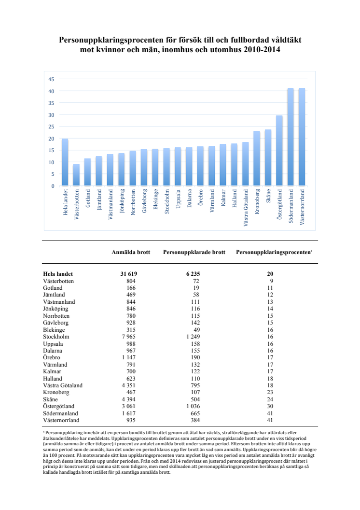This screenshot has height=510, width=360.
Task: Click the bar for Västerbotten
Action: (76, 175)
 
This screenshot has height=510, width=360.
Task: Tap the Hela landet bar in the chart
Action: (65, 162)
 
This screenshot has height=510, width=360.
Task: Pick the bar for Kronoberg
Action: (257, 158)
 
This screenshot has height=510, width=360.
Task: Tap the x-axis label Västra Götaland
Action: (246, 208)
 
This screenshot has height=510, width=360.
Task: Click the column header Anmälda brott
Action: (131, 252)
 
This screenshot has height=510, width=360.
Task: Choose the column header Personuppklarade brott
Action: (194, 252)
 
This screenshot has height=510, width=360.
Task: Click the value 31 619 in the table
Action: (129, 274)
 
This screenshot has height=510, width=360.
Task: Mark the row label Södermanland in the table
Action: (60, 414)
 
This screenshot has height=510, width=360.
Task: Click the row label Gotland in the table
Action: (54, 288)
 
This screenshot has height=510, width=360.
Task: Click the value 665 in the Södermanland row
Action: (193, 414)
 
